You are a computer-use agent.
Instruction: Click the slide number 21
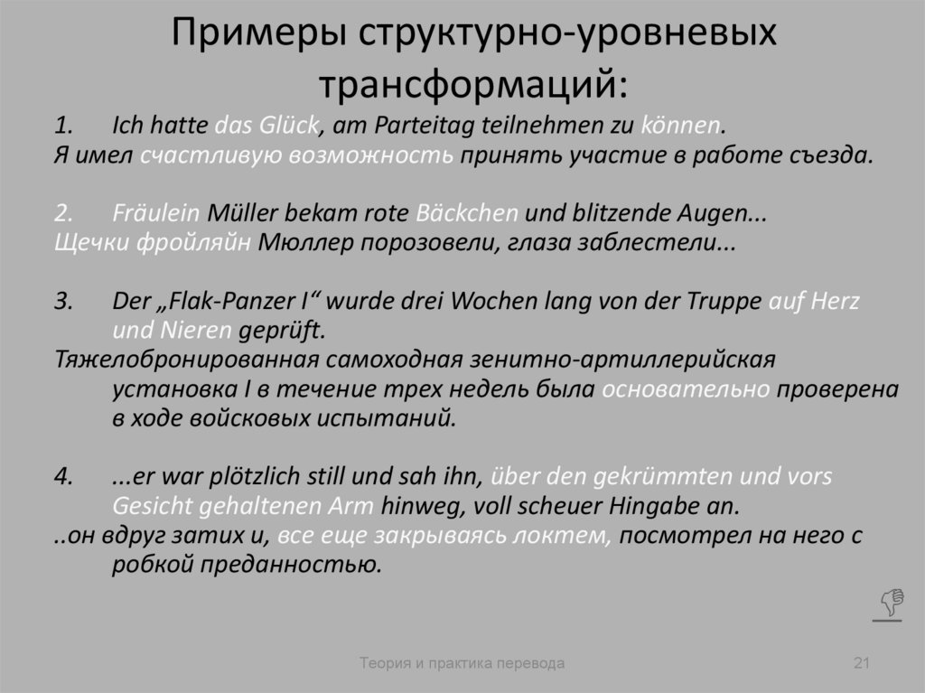click(x=861, y=664)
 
